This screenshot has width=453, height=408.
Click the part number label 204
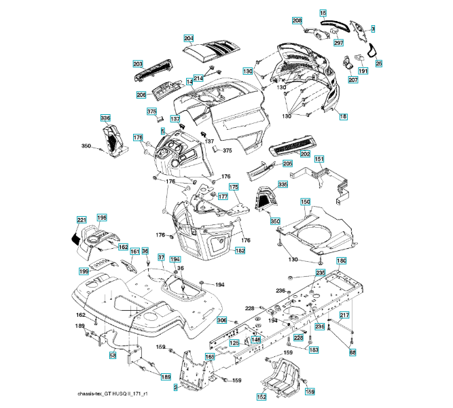(x=189, y=38)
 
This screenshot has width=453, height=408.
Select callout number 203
(x=137, y=63)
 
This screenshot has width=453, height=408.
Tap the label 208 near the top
(x=297, y=21)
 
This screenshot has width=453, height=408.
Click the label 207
(x=352, y=80)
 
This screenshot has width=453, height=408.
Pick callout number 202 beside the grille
(x=305, y=154)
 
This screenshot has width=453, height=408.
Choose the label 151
(x=318, y=158)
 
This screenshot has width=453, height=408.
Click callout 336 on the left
(x=105, y=118)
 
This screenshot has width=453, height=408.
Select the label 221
(x=81, y=220)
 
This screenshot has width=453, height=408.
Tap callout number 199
(x=84, y=271)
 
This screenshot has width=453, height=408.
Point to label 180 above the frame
(x=342, y=261)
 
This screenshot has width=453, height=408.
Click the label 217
(x=344, y=315)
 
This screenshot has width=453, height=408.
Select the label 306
(x=221, y=320)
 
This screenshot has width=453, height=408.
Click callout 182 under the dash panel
(x=240, y=251)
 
